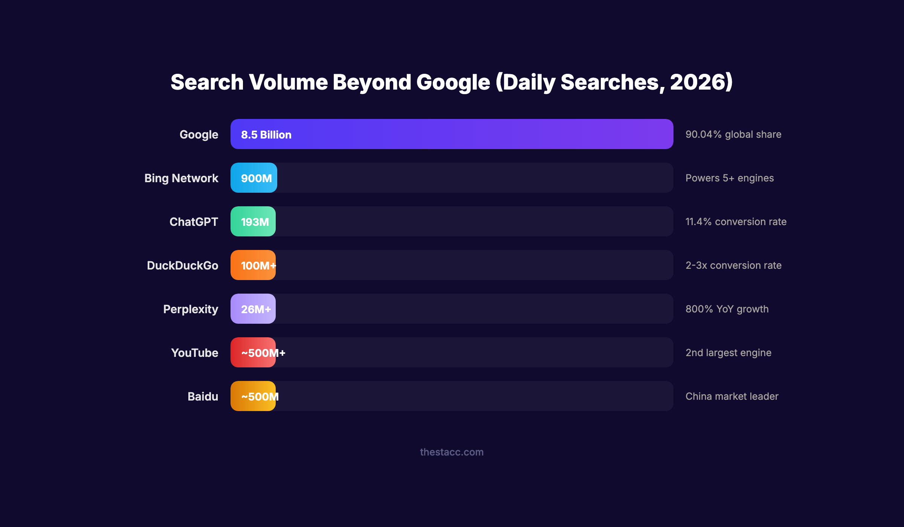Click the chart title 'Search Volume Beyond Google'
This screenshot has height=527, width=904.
point(452,82)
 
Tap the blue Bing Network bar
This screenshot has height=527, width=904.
point(254,178)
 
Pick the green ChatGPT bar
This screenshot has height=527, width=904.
point(253,221)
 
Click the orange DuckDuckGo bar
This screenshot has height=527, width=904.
point(253,265)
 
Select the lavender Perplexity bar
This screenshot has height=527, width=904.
point(253,309)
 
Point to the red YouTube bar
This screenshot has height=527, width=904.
point(253,352)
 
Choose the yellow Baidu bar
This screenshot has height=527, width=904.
point(253,396)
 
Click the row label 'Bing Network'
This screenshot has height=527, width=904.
point(181,178)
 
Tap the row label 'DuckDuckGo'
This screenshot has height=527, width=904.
point(182,265)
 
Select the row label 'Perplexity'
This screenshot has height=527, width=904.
point(191,309)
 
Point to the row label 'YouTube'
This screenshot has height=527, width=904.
point(194,353)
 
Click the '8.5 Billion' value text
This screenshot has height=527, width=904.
point(266,135)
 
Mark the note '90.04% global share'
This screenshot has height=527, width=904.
point(733,134)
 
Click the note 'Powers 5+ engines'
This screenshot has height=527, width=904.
point(729,178)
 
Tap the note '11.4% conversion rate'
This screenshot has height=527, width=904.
point(736,222)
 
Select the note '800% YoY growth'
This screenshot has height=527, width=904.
point(727,309)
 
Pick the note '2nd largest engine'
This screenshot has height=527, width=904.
point(728,353)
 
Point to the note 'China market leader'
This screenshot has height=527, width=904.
point(731,396)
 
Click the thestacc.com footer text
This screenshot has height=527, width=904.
point(452,452)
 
